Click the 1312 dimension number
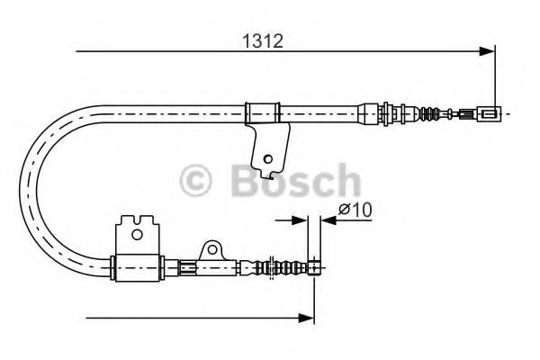[263, 41]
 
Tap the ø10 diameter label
[355, 209]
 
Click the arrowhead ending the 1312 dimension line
[487, 51]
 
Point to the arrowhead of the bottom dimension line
[307, 318]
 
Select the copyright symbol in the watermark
[195, 180]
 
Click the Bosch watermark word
[296, 180]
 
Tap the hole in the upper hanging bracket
[267, 159]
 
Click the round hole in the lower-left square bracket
[137, 235]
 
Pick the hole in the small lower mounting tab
[212, 249]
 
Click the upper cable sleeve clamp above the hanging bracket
[263, 113]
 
